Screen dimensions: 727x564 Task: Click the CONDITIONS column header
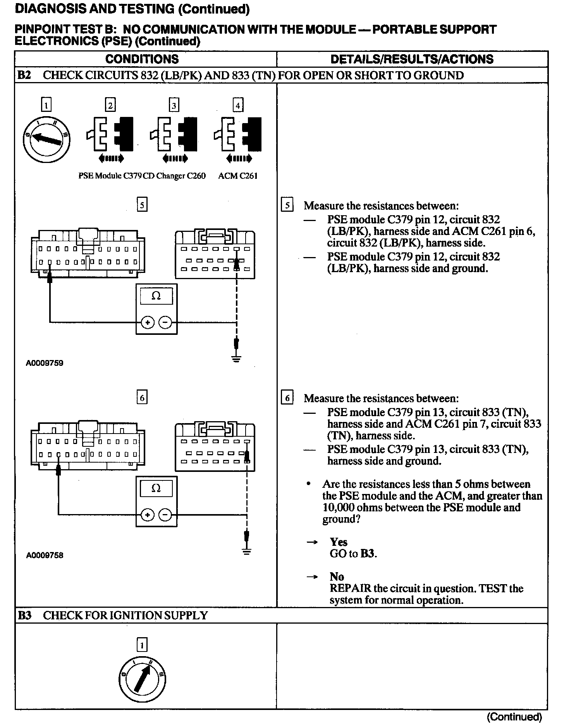(x=142, y=59)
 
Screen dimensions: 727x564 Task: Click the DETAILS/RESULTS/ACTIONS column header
(x=412, y=59)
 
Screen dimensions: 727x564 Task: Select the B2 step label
(x=24, y=75)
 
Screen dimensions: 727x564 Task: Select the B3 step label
(x=24, y=615)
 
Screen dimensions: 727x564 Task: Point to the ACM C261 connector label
(x=238, y=176)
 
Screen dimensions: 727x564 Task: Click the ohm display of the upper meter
(x=156, y=296)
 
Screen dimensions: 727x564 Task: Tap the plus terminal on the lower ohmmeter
(x=147, y=514)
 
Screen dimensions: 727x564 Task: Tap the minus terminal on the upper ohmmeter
(x=165, y=322)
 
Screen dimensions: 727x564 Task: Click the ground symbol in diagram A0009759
(x=237, y=358)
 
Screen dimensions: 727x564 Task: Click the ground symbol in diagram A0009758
(x=246, y=551)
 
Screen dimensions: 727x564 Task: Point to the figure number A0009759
(x=45, y=363)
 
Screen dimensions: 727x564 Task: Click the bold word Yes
(x=339, y=542)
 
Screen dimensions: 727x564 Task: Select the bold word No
(x=337, y=577)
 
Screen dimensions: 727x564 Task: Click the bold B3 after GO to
(x=368, y=554)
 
